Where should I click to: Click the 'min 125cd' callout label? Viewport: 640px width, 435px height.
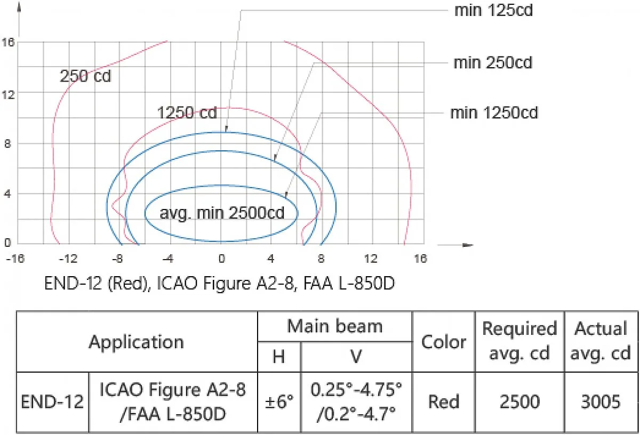point(493,11)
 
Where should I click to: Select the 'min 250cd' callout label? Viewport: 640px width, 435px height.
point(493,63)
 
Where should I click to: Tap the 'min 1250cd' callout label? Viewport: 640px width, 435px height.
point(494,113)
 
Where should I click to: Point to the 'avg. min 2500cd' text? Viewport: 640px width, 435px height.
point(222,213)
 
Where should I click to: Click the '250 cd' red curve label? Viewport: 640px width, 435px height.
point(85,76)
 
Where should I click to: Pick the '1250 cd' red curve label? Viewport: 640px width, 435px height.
point(187,112)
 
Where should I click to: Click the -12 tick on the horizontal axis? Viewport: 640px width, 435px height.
point(68,259)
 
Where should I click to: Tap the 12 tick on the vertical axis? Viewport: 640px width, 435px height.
point(8,94)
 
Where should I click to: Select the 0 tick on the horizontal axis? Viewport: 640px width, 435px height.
point(222,259)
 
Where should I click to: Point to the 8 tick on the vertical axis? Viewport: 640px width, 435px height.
point(7,143)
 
